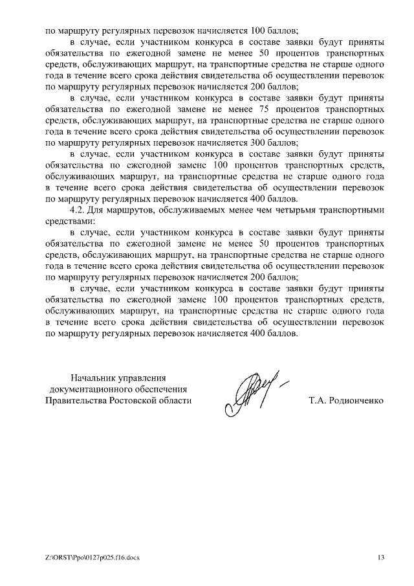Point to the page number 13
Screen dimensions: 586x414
coord(381,558)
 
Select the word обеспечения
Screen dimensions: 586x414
coord(162,389)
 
